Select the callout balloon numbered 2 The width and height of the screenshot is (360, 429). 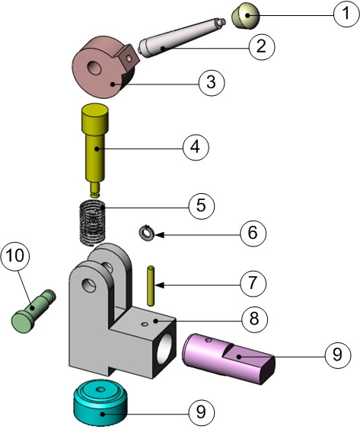point(261,46)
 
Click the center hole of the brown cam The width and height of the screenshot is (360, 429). point(95,68)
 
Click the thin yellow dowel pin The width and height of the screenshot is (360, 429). point(152,284)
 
